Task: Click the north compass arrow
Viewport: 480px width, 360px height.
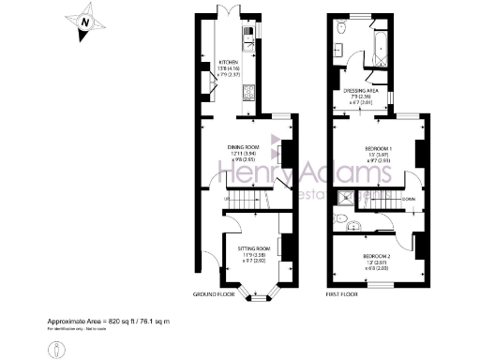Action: point(85,21)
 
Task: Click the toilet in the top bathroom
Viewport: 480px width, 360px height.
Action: point(343,30)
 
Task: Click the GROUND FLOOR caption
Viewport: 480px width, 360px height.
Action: point(211,294)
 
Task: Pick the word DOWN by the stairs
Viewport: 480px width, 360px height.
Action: point(407,198)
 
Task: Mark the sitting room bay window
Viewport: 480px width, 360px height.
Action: point(253,292)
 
